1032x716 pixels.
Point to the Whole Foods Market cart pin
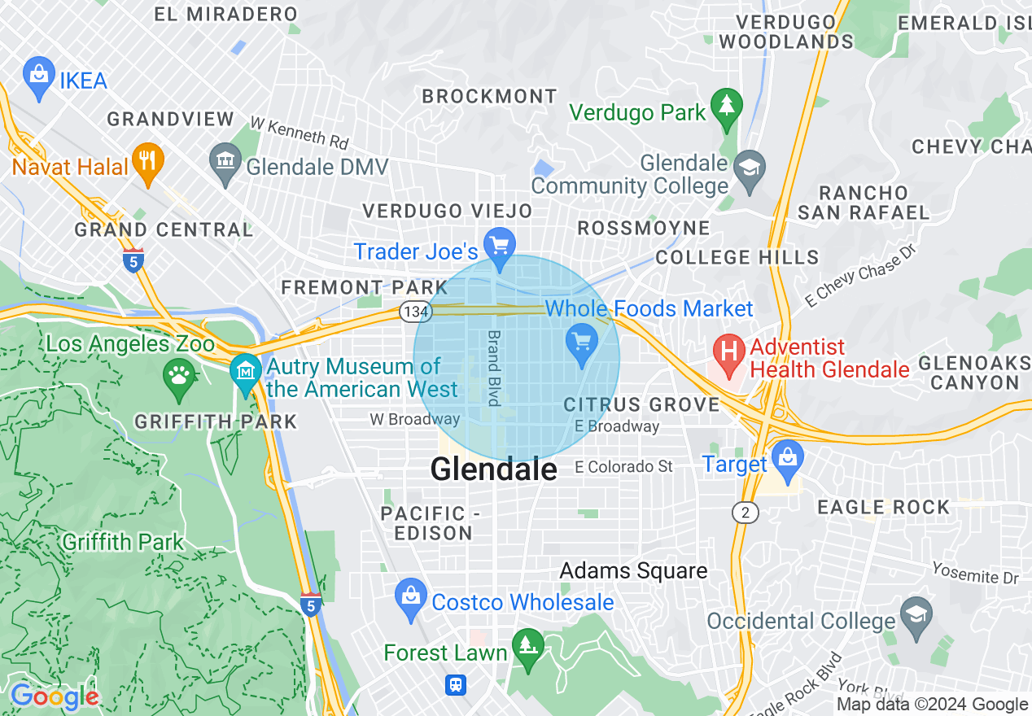pos(581,342)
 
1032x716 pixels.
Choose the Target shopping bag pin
pos(787,457)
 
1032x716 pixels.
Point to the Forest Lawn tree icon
pos(529,647)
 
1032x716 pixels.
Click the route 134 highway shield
pos(410,311)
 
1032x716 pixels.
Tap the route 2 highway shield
pos(745,512)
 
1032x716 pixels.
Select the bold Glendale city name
pos(493,469)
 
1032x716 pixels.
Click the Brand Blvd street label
pos(493,368)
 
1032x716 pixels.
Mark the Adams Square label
pos(633,571)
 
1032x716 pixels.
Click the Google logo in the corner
pos(55,697)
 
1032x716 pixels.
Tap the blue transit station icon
pos(456,684)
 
